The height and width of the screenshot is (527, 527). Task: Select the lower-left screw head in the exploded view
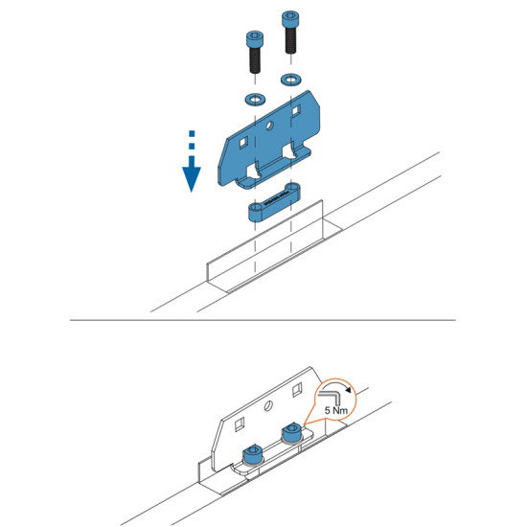point(255,39)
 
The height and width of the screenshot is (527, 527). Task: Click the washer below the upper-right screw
point(290,80)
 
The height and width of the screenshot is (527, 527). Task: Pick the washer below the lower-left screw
point(255,100)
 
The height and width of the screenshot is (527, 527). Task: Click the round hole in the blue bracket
point(269,126)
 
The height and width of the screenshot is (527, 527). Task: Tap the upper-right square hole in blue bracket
point(296,110)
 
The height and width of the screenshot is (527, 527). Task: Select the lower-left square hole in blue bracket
point(243,143)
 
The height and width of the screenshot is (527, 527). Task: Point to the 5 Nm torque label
point(336,410)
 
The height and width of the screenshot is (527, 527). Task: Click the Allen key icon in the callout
point(331,397)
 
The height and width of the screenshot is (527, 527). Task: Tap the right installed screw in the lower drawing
point(291,433)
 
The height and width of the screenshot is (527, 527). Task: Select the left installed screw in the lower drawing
point(253,454)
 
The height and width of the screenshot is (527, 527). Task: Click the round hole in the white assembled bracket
point(268,406)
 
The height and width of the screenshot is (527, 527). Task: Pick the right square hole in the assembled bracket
point(297,390)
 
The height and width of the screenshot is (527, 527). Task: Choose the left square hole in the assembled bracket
point(240,424)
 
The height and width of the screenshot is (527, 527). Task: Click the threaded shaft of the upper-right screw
point(290,40)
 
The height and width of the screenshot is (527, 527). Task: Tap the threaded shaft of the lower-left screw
point(255,60)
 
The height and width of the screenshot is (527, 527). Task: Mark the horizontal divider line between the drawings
point(263,320)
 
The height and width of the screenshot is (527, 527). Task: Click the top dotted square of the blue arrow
point(192,134)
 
